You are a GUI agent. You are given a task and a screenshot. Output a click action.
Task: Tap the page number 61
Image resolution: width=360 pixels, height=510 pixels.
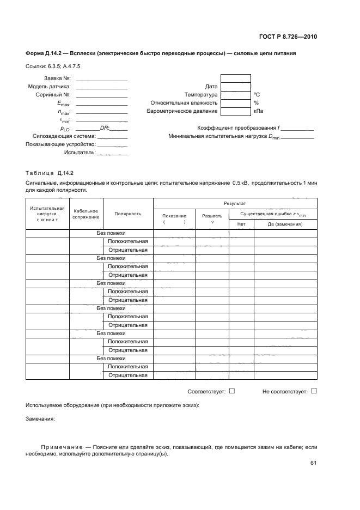(313, 463)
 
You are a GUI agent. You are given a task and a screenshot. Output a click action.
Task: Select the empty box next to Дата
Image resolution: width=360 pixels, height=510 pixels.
(236, 86)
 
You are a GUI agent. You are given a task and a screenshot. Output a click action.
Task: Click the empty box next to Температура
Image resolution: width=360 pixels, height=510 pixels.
(236, 94)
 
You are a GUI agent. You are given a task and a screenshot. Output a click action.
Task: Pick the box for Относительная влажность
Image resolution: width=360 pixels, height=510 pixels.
(236, 102)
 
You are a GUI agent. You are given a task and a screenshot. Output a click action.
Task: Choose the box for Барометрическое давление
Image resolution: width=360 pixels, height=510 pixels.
(236, 111)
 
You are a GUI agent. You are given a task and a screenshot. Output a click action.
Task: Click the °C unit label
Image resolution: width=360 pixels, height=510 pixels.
(257, 95)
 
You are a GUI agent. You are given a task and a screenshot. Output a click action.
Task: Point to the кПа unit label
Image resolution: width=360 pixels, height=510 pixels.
(259, 111)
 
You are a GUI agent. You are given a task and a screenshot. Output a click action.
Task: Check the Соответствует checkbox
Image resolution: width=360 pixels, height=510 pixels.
(232, 391)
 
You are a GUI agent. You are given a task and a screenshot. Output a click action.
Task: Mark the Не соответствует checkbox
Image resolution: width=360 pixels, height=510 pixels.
(314, 391)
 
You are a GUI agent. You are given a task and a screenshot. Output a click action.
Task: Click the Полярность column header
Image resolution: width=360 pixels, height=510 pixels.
(128, 214)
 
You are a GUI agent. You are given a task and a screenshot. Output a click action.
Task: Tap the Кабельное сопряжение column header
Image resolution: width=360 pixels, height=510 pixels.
(86, 214)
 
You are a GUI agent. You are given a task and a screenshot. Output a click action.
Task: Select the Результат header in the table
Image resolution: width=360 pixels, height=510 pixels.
(235, 202)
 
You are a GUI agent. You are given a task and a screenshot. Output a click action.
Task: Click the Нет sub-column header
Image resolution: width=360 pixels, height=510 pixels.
(241, 224)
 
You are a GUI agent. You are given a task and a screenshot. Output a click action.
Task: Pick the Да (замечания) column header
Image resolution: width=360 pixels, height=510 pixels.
(285, 224)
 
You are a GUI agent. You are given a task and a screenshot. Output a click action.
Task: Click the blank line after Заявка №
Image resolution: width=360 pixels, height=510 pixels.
(102, 80)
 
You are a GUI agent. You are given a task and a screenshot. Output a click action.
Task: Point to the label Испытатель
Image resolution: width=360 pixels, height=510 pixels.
(79, 153)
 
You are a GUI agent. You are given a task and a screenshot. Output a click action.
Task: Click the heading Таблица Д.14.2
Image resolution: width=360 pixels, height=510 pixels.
(50, 173)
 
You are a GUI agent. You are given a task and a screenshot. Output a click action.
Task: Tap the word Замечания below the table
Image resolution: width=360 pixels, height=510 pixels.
(40, 419)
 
